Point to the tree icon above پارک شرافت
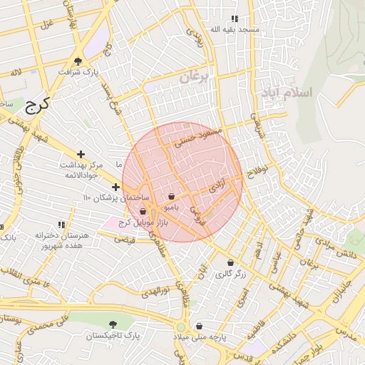(78, 61)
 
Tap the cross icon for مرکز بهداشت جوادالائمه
(81, 154)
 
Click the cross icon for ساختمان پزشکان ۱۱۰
(115, 187)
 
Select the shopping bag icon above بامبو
(171, 196)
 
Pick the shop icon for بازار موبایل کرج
(143, 211)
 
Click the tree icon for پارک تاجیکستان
(113, 324)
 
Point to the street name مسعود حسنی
(202, 133)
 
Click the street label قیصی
(125, 240)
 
